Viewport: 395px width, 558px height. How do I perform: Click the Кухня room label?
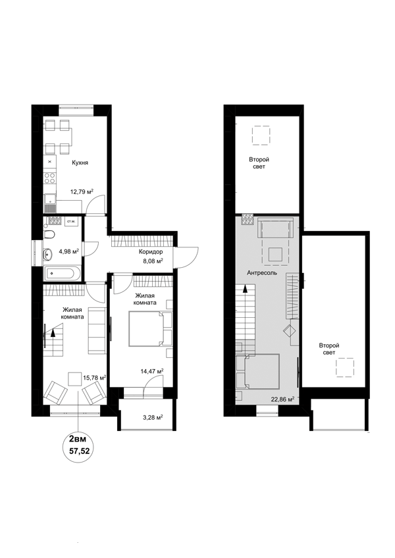click(x=80, y=163)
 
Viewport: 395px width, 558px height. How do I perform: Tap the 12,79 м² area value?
click(x=82, y=191)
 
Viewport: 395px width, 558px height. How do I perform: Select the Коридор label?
click(x=151, y=251)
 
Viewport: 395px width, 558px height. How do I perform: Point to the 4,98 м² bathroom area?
click(x=68, y=251)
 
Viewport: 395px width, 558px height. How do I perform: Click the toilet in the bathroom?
click(x=49, y=234)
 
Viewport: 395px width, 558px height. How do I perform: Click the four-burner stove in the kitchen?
click(x=50, y=177)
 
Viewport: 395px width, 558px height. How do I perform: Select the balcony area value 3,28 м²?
click(x=153, y=417)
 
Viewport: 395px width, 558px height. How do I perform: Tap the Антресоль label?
click(x=262, y=273)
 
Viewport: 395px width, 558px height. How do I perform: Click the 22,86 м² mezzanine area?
click(x=282, y=399)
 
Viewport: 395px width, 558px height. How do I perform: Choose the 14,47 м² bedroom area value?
click(x=152, y=371)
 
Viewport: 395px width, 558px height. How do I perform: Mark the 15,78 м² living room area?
click(x=94, y=377)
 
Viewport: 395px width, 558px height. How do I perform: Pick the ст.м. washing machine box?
click(x=71, y=222)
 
